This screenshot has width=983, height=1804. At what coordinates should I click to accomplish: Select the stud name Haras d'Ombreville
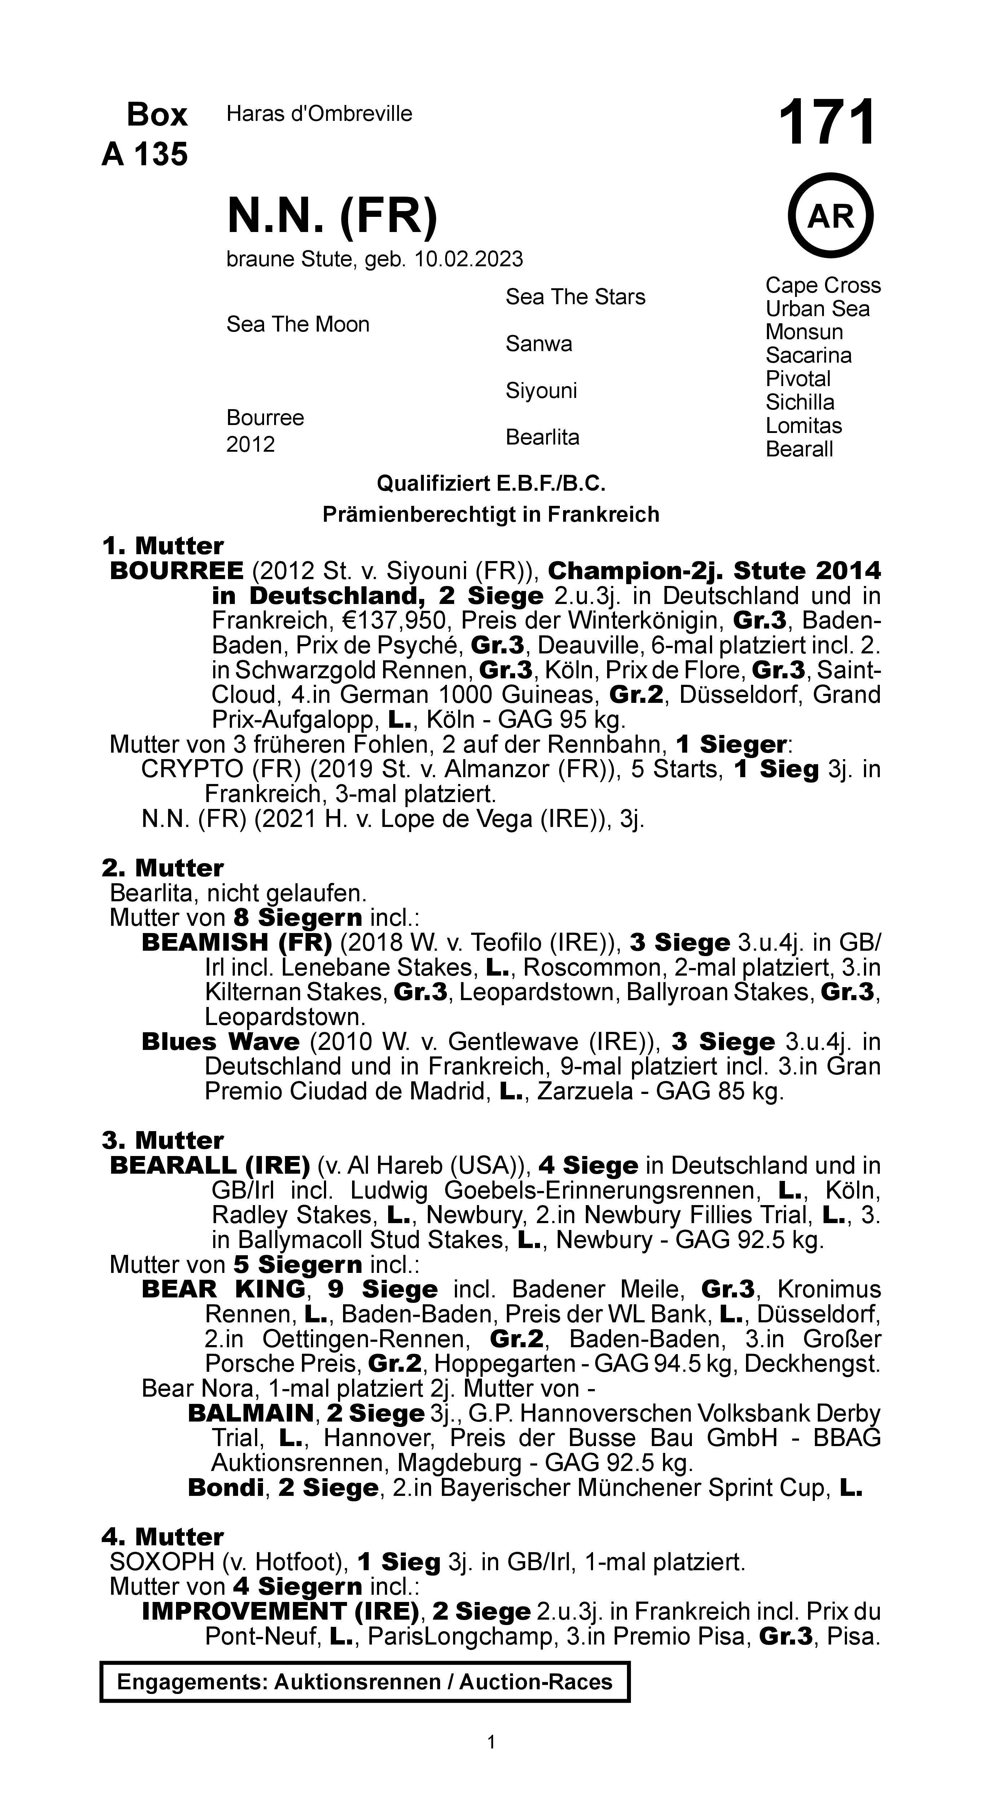319,114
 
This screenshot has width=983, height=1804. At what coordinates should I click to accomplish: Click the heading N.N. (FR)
332,216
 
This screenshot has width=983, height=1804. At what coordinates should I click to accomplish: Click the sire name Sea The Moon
298,324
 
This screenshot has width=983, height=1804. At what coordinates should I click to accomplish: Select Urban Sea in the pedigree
817,309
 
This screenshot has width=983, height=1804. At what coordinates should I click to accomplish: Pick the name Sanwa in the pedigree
539,344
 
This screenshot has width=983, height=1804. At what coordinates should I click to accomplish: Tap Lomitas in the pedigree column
803,426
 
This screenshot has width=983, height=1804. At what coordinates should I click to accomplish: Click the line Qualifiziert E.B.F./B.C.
491,483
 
